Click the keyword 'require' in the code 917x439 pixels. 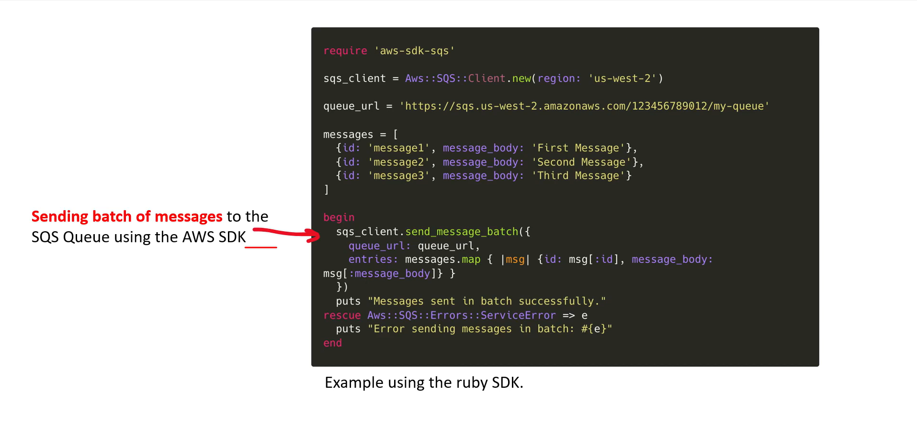tap(345, 51)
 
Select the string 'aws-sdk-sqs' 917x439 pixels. tap(414, 51)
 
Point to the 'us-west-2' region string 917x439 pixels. tap(622, 79)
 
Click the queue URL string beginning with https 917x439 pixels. tap(584, 106)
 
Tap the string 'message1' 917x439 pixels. tap(398, 148)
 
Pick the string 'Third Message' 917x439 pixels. tap(578, 176)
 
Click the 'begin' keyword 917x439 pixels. tap(339, 217)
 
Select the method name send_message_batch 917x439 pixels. tap(462, 232)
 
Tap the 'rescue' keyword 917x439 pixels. tap(342, 315)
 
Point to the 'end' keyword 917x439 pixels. tap(332, 343)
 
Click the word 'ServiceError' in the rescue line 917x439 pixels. tap(518, 315)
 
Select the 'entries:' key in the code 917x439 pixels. tap(373, 259)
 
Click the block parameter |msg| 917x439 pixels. tap(515, 259)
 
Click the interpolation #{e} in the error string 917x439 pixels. tap(594, 329)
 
